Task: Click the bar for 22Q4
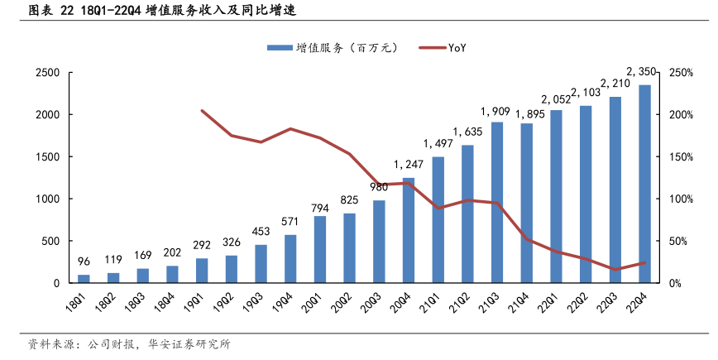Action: point(644,184)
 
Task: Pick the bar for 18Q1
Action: point(84,279)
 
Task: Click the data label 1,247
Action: point(409,164)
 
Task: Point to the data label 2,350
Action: point(643,71)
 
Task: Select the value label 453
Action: point(261,231)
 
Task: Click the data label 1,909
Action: point(496,111)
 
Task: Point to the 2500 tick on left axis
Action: point(47,73)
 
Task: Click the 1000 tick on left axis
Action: point(47,199)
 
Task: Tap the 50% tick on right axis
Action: point(681,242)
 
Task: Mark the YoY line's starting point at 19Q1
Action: point(202,110)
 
